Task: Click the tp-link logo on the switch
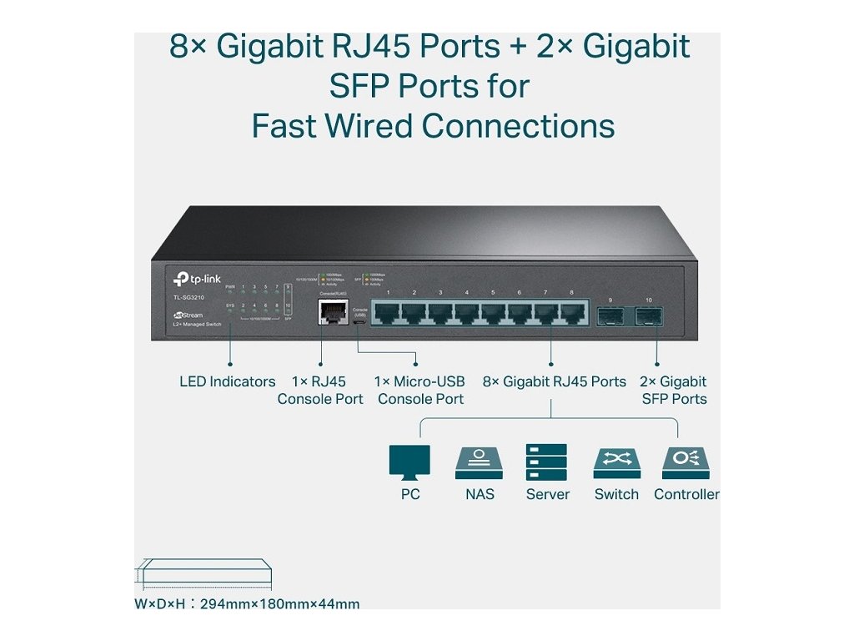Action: point(197,280)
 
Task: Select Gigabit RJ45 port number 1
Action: point(388,312)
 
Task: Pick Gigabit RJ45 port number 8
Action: point(571,312)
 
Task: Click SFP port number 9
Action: point(610,315)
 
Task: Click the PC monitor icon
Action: point(409,462)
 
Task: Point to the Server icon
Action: point(546,462)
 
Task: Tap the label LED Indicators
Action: point(227,381)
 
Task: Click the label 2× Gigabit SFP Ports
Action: point(674,390)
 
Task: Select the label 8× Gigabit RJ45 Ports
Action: point(554,381)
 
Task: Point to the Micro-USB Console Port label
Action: point(419,390)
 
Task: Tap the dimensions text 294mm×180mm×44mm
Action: point(279,603)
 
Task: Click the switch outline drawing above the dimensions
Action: point(203,573)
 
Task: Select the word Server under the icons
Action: point(547,494)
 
